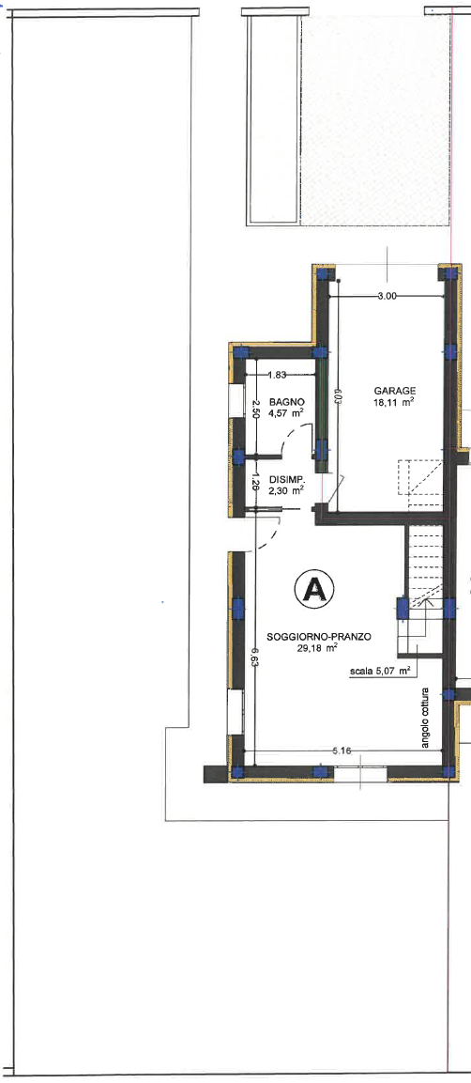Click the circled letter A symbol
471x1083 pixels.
314,589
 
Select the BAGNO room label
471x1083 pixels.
287,402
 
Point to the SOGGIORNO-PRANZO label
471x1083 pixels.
318,638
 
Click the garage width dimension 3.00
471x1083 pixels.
387,296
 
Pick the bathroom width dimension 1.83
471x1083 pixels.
277,375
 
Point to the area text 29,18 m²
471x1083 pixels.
317,648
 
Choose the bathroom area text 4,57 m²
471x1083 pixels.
287,413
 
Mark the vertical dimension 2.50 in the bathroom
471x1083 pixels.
254,409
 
